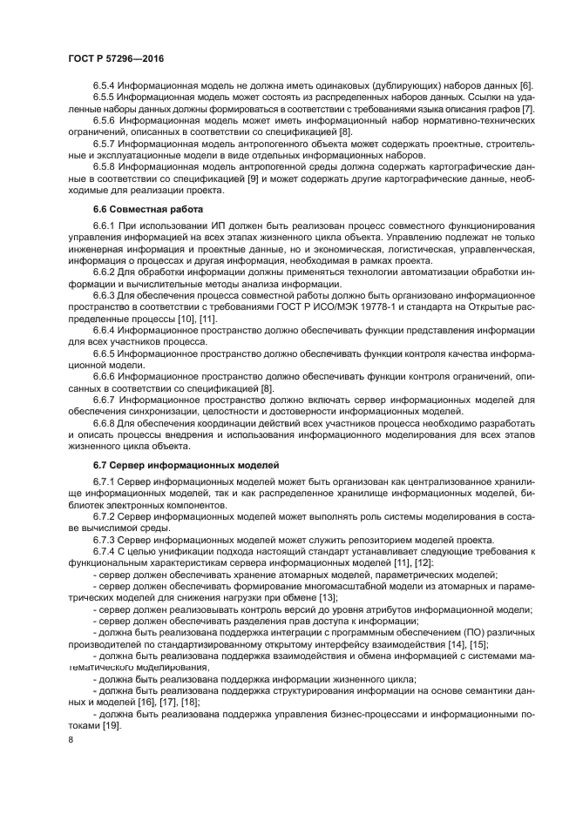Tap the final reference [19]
[111, 725]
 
